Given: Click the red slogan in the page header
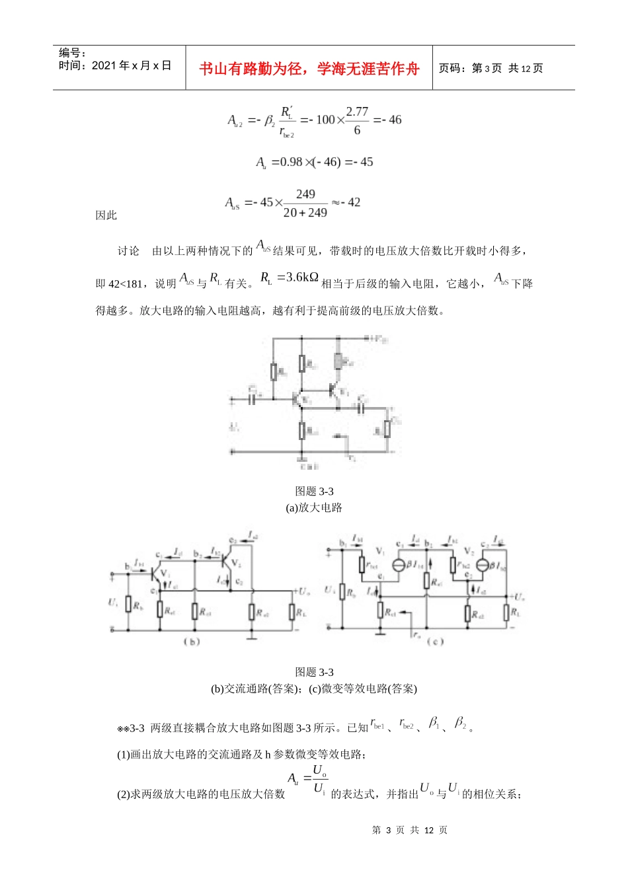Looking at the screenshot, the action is click(x=309, y=69).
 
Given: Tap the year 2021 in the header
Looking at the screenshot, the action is click(x=104, y=65).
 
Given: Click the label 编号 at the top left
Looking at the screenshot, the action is click(x=70, y=53).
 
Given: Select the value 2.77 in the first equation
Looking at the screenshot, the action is click(x=357, y=112).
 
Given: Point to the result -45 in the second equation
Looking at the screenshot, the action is click(x=363, y=162).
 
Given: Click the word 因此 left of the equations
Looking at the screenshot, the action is click(x=106, y=215).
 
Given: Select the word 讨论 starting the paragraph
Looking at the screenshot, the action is click(x=128, y=251).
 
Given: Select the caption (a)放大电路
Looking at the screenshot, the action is click(x=314, y=507).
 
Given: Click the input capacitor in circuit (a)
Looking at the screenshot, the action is click(x=252, y=399).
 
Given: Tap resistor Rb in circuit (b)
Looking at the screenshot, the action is click(x=129, y=603).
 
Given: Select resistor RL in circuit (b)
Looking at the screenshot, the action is click(x=292, y=611).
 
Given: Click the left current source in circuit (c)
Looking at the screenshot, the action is click(x=399, y=565).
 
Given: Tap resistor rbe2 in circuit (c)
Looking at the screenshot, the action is click(x=453, y=565).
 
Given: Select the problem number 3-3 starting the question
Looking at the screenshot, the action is click(x=137, y=728).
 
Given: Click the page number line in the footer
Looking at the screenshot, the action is click(x=410, y=830).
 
